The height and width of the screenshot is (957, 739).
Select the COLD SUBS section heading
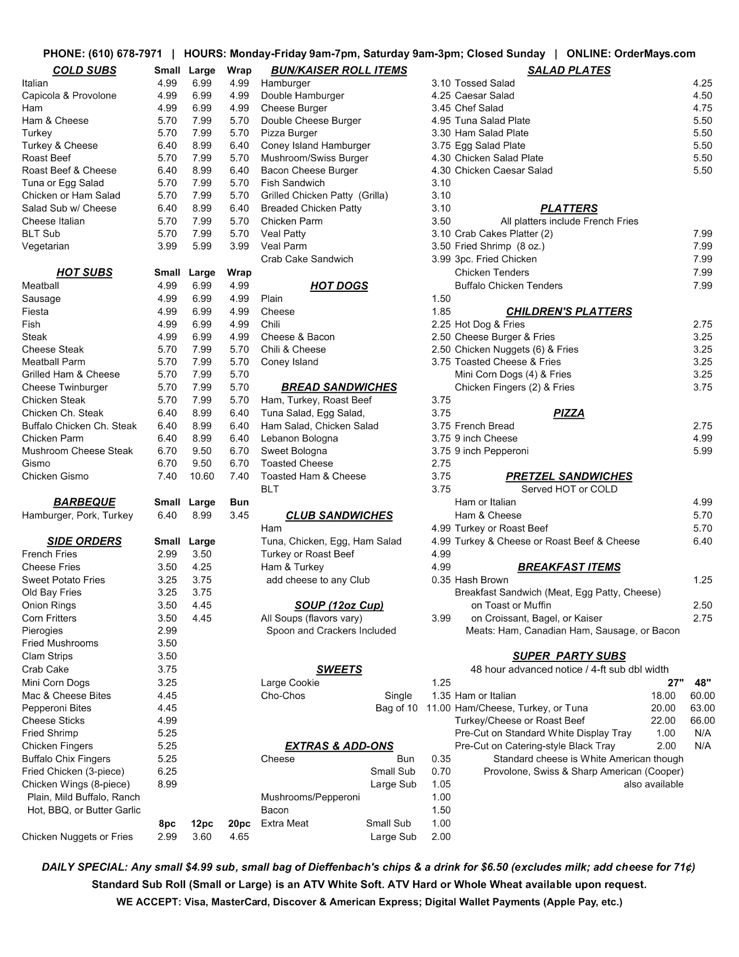(x=85, y=70)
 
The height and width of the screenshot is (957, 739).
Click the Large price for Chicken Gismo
(x=202, y=476)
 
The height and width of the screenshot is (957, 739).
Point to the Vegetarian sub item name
(x=45, y=246)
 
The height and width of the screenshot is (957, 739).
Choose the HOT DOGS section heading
(x=339, y=286)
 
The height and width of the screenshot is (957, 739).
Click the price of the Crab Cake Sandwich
(x=441, y=259)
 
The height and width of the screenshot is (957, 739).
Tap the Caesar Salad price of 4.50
(x=702, y=96)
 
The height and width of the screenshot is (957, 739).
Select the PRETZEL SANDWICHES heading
(x=569, y=477)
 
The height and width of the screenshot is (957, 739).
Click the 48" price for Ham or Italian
(x=702, y=696)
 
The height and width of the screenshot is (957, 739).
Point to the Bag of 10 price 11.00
(x=438, y=708)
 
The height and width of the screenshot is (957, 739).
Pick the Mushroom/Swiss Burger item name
(x=314, y=158)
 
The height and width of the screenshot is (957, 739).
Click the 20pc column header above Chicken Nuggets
(x=239, y=824)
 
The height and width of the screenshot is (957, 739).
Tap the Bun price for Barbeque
(x=239, y=515)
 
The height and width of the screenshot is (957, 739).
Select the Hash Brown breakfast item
(x=481, y=580)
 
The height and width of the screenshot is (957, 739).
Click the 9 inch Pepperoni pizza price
(x=702, y=451)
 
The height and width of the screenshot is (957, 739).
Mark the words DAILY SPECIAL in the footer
(x=84, y=867)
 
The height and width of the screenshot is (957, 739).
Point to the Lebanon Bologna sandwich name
(x=299, y=439)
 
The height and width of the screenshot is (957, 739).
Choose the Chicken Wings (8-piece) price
(x=167, y=784)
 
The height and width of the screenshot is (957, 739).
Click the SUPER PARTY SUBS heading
(x=569, y=656)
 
